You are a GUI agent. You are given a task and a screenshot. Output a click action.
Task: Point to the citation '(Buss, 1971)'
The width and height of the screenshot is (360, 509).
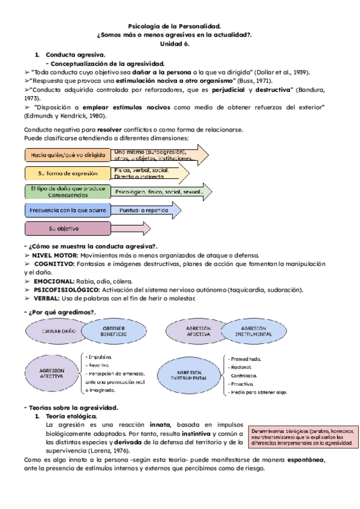pyautogui.click(x=255, y=80)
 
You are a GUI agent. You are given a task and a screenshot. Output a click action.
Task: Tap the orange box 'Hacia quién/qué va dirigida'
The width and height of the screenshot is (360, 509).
pyautogui.click(x=67, y=154)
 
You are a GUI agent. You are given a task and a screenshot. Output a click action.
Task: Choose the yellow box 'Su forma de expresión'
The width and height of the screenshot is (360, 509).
pyautogui.click(x=67, y=173)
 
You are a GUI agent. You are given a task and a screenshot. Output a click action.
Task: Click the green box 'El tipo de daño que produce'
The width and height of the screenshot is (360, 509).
pyautogui.click(x=67, y=191)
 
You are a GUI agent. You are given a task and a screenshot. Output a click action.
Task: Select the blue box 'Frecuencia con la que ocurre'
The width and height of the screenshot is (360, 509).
pyautogui.click(x=67, y=210)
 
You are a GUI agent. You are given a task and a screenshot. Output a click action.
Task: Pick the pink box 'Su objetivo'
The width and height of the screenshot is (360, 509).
pyautogui.click(x=67, y=229)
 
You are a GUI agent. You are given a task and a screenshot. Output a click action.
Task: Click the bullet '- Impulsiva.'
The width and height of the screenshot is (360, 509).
pyautogui.click(x=100, y=356)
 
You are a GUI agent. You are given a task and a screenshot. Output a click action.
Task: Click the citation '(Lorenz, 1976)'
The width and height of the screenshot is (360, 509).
pyautogui.click(x=115, y=450)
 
